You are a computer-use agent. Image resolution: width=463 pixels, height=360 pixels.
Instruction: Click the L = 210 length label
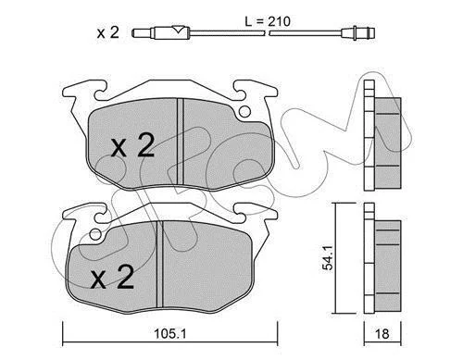pyautogui.click(x=268, y=21)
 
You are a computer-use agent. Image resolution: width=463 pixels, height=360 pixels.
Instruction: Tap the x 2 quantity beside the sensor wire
pyautogui.click(x=107, y=32)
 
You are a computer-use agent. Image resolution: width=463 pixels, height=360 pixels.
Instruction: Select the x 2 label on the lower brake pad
pyautogui.click(x=112, y=278)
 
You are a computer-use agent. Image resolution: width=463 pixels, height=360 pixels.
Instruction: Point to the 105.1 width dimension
pyautogui.click(x=170, y=333)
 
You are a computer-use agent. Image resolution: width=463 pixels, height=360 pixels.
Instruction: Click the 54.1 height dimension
pyautogui.click(x=328, y=258)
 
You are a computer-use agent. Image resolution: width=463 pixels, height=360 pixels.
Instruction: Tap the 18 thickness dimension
pyautogui.click(x=382, y=334)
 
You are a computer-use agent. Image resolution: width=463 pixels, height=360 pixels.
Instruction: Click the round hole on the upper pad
pyautogui.click(x=245, y=111)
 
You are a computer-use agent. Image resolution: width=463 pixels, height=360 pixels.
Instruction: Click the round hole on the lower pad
pyautogui.click(x=96, y=235)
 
